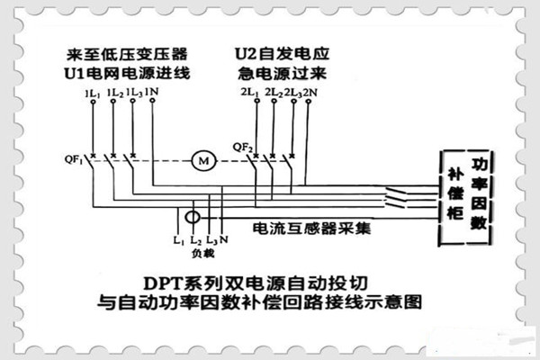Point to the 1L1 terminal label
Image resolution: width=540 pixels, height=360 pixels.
point(91,93)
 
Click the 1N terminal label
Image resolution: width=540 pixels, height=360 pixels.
point(153,93)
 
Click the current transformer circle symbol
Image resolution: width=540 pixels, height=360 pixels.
point(192,219)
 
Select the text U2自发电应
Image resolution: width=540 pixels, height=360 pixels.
point(277,52)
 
